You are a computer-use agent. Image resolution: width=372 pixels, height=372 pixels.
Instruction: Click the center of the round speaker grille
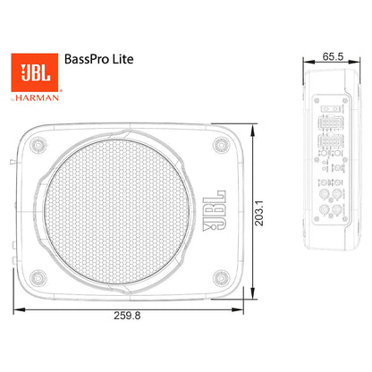(130, 209)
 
